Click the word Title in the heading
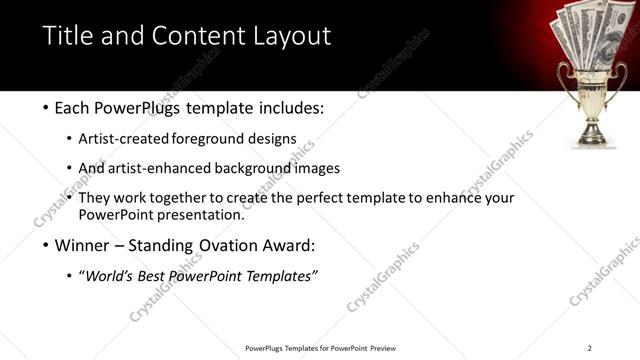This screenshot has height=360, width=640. point(68,37)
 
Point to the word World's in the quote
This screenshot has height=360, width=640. point(111,276)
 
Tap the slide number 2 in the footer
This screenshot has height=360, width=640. point(589,348)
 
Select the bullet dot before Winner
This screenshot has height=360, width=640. point(47,245)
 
